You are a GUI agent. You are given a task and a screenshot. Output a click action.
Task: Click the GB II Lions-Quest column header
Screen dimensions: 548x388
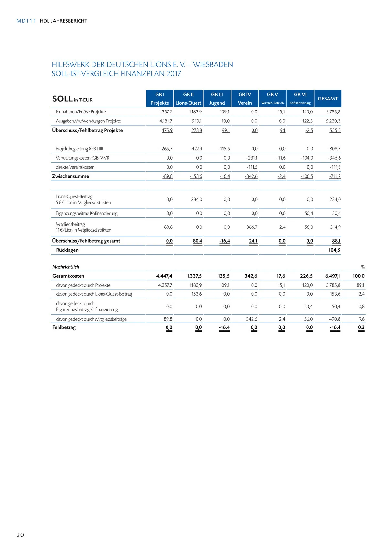188,99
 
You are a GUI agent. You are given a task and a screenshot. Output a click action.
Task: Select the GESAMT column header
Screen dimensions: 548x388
328,99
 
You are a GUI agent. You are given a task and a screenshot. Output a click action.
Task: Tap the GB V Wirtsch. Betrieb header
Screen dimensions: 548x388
272,99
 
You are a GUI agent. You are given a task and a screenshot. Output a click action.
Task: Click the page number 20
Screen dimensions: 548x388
20,535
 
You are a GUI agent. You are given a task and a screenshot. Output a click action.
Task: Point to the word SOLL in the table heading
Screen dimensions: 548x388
62,99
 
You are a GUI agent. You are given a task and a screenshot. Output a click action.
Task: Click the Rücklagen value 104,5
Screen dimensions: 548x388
334,250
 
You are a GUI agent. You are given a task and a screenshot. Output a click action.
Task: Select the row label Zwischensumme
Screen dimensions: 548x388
70,176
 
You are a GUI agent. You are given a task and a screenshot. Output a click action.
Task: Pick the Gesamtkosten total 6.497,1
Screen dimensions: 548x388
332,276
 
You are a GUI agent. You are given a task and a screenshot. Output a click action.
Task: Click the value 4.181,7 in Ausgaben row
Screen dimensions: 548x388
165,121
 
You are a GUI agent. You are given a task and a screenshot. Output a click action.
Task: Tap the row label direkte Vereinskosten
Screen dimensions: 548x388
75,167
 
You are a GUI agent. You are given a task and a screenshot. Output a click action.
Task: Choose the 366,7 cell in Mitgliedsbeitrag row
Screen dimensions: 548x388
252,227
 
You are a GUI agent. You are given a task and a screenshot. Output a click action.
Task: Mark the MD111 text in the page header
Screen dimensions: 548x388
26,21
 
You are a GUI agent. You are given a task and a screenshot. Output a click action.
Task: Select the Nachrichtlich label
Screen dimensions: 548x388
66,267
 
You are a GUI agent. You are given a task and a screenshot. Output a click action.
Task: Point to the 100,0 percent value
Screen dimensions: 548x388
358,276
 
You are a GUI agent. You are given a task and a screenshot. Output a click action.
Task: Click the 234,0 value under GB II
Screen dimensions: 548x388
197,199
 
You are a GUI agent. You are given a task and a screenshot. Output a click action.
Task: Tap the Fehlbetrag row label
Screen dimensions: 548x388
64,327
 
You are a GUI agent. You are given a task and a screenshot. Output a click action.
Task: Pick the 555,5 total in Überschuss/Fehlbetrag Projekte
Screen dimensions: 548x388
335,130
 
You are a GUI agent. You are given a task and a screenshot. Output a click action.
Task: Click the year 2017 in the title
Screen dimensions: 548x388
174,74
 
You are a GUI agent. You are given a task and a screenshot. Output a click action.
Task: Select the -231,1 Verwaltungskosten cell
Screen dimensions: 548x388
252,158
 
